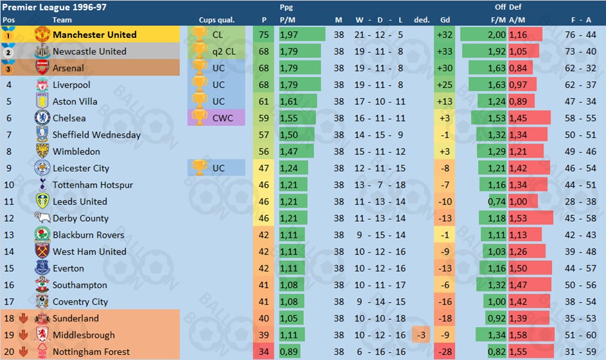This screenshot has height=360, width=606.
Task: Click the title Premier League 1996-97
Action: (x=55, y=7)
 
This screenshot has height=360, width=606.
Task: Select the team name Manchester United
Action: (x=94, y=35)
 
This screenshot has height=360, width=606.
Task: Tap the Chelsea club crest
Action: (x=42, y=118)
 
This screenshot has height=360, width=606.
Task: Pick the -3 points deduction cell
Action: (x=421, y=335)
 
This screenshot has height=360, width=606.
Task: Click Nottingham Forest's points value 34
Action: (x=263, y=352)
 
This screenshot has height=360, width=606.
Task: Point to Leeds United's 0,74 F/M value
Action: (x=497, y=202)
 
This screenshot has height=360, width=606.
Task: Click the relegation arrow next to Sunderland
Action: (x=23, y=318)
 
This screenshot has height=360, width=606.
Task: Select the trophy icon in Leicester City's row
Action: (x=199, y=168)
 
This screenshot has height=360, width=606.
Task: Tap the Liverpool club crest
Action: (x=42, y=85)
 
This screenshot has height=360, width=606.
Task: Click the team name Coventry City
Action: (x=80, y=301)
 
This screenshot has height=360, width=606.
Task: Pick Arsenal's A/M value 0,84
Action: (x=517, y=68)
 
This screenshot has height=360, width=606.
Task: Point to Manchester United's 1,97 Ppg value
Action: (x=289, y=35)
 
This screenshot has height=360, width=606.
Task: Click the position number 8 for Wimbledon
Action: (x=9, y=152)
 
